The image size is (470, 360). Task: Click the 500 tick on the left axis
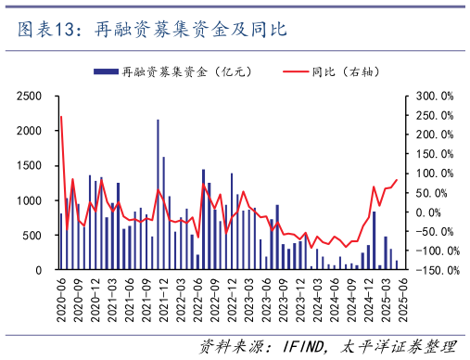[34, 235]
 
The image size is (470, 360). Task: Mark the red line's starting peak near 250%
[61, 117]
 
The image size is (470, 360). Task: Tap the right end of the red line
[397, 180]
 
